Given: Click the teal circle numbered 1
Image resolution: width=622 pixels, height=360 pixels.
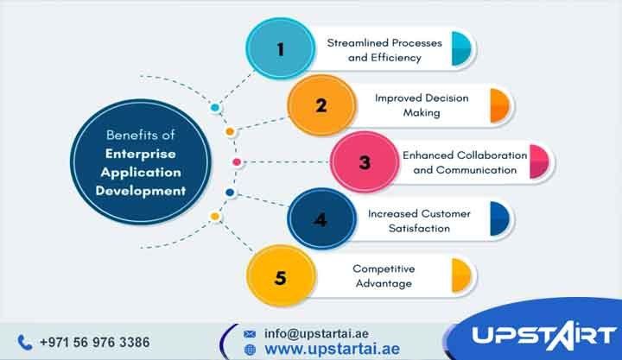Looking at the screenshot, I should [x=279, y=49].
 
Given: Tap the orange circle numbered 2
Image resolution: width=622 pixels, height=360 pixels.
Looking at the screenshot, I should [x=321, y=106].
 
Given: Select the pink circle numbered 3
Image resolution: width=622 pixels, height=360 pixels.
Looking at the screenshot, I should [x=364, y=162].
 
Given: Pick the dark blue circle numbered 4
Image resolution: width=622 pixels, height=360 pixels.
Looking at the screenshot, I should [x=321, y=219].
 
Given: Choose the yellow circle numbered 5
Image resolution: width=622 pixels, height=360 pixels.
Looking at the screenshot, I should [x=279, y=277].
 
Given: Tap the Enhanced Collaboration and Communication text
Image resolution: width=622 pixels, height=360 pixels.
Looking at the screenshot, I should [x=464, y=162].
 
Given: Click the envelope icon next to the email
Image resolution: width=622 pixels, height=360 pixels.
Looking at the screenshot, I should [x=251, y=332].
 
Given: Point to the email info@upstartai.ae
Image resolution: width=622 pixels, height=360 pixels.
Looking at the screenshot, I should [x=318, y=332].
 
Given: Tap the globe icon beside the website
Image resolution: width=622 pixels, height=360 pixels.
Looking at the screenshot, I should [x=251, y=350].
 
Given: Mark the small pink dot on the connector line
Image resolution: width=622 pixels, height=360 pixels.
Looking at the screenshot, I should [x=237, y=162].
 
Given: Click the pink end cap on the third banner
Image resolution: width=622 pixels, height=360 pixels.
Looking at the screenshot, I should [x=540, y=162].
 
